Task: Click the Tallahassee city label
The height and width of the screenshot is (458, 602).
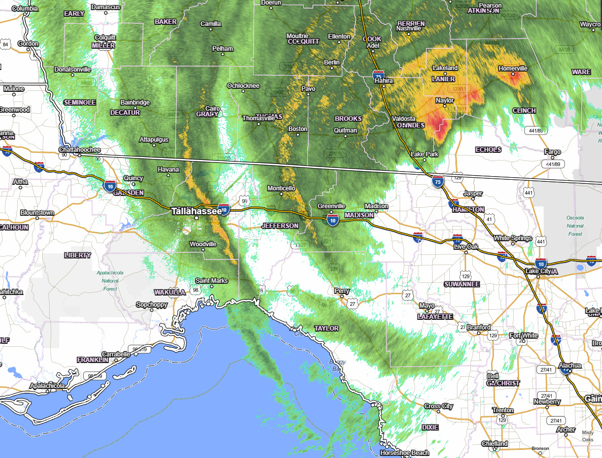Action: pos(196,211)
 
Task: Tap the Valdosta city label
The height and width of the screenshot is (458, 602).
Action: pos(404,118)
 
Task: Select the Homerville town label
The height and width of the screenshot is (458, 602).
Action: pos(513,68)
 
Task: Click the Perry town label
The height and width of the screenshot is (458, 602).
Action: pos(342,291)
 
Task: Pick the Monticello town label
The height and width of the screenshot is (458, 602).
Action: pos(281,188)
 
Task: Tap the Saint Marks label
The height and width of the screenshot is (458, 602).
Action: pos(211,281)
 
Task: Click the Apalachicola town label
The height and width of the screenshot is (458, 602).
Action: pos(47,386)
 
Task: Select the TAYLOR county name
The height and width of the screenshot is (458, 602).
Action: pos(326,328)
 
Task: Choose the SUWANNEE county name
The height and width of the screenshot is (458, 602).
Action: pos(462,284)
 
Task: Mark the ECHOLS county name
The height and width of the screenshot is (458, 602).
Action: pos(488,149)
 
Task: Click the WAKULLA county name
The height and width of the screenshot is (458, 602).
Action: pos(170,292)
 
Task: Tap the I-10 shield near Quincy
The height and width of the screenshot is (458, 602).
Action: pos(110,186)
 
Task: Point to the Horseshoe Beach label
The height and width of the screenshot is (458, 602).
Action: pos(405,452)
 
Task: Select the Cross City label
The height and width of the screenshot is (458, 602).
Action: pos(439,406)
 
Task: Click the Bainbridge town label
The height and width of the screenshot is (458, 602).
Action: pos(135,103)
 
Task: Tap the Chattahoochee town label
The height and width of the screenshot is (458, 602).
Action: pos(80,150)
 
